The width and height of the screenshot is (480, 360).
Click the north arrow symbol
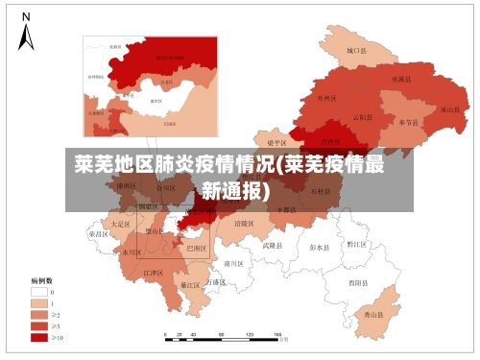pos(27,33)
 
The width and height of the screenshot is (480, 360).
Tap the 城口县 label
pos(357,50)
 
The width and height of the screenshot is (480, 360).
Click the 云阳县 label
pos(363,117)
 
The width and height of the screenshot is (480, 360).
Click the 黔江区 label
pos(357,244)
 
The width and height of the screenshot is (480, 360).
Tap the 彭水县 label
pos(319,247)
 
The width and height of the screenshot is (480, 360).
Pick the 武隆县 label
pos(274,245)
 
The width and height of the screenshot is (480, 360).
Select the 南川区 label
pos(235,262)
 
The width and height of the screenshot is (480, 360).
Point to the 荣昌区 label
pos(99,233)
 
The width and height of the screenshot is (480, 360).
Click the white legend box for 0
pos(39,292)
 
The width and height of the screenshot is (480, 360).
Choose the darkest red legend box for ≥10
pos(39,337)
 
